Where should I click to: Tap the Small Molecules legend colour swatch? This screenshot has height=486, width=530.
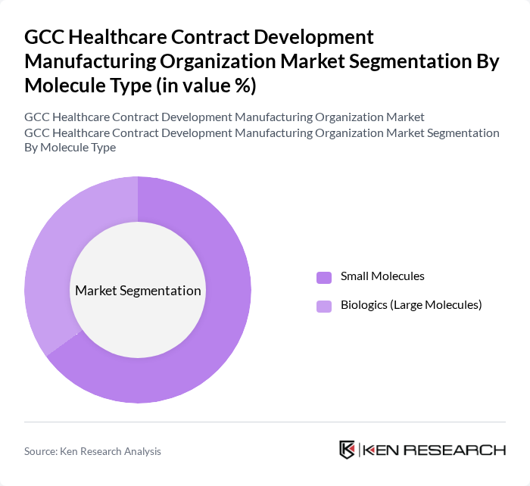[x=324, y=277]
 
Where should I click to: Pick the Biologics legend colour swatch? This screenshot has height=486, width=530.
[x=324, y=306]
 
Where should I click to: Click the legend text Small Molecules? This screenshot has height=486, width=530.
[x=382, y=276]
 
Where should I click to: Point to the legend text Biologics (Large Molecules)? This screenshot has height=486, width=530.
[x=411, y=305]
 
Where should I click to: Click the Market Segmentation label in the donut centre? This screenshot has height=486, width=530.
[x=138, y=291]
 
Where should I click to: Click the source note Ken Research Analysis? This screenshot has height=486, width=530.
[x=111, y=451]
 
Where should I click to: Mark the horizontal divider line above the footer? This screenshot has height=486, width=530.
[x=265, y=422]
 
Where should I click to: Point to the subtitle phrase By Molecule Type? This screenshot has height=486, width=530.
[x=70, y=148]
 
